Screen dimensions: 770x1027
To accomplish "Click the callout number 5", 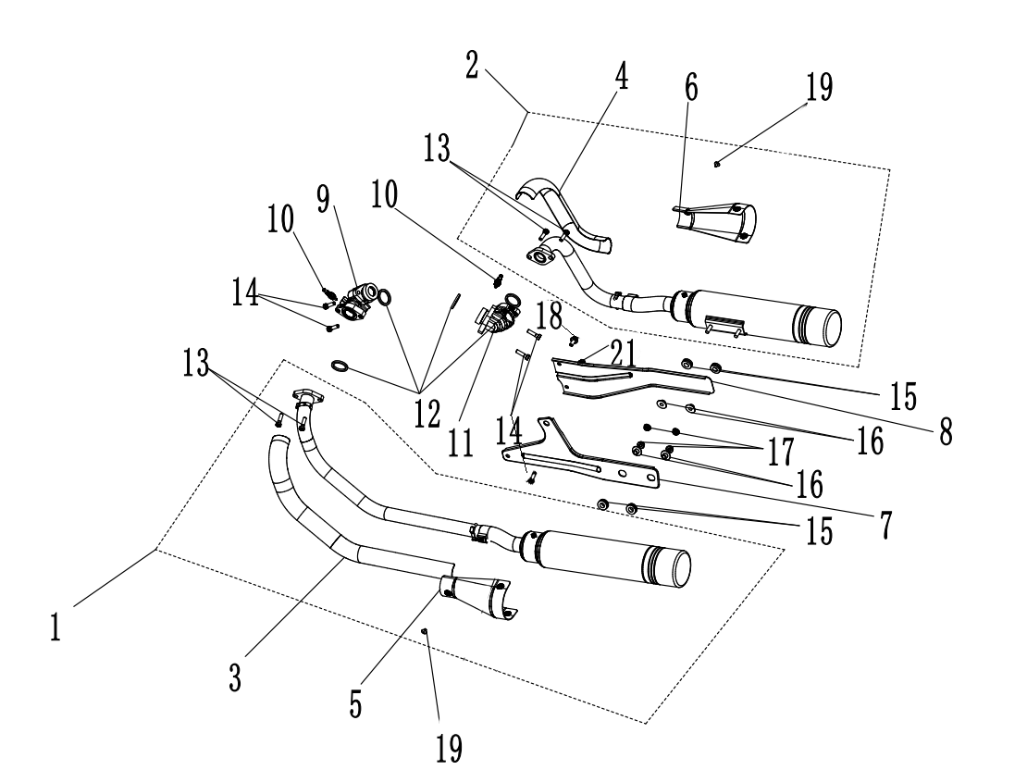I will click(x=354, y=703).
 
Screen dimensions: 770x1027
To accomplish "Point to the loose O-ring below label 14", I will click(x=340, y=366).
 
